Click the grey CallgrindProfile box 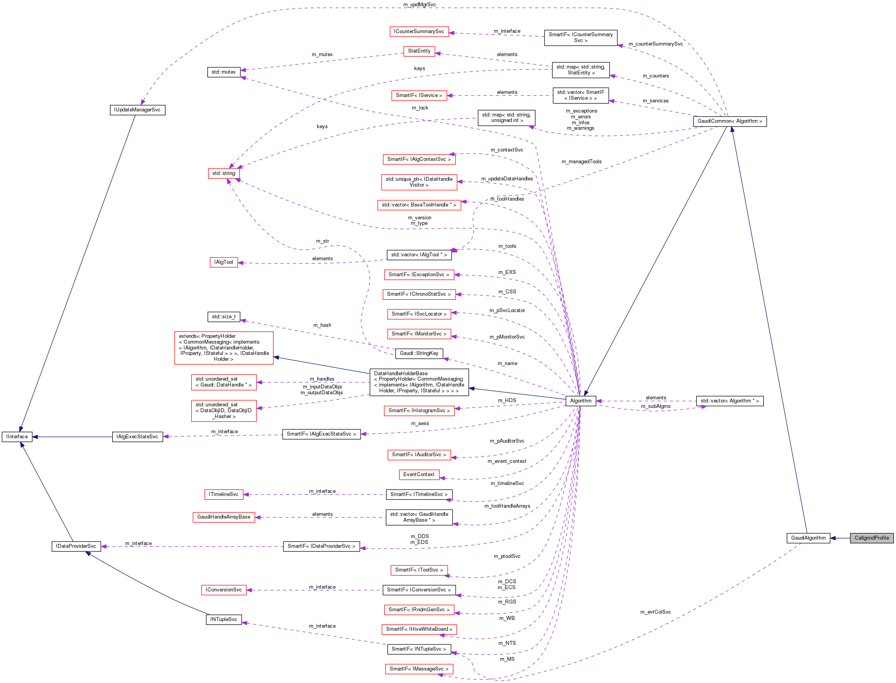click(x=871, y=538)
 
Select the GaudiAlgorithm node click(x=808, y=538)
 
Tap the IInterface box click(x=17, y=437)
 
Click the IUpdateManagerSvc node click(x=138, y=110)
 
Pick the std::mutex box click(x=223, y=72)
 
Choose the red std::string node click(x=224, y=173)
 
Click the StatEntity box click(x=419, y=51)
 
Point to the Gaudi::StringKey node click(x=419, y=353)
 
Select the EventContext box click(x=419, y=475)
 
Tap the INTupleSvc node click(x=224, y=619)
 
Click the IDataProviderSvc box click(x=76, y=546)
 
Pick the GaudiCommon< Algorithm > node click(x=730, y=121)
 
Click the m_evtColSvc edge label click(x=655, y=612)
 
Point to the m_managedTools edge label click(x=581, y=162)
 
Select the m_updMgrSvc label click(x=419, y=4)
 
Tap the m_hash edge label click(x=322, y=325)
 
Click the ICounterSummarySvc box click(x=419, y=32)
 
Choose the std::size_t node click(x=224, y=317)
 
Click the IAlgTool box click(x=224, y=262)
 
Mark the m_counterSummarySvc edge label click(x=655, y=44)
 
